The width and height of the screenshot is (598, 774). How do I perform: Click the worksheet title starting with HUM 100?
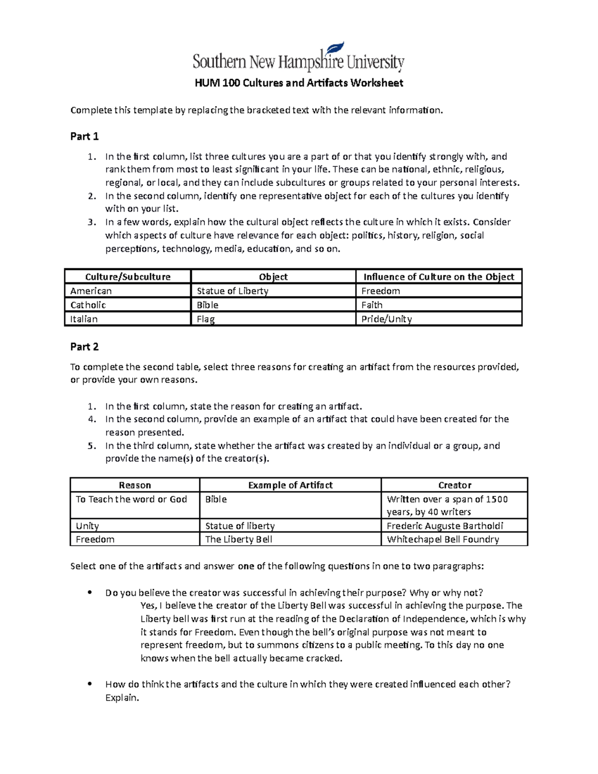pos(299,83)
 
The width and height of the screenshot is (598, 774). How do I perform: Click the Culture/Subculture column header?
pos(128,277)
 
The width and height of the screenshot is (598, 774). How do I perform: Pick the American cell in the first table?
pos(91,291)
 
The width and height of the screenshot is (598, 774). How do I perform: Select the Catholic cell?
pos(88,305)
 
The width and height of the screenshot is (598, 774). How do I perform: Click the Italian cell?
pos(84,319)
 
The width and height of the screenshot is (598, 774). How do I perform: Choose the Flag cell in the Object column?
pos(206,319)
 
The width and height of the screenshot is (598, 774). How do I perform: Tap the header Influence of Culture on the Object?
pos(439,277)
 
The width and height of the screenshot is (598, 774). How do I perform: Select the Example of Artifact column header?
pos(290,485)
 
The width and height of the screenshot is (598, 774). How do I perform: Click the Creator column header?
pos(454,485)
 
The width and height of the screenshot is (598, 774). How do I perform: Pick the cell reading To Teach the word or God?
pos(132,499)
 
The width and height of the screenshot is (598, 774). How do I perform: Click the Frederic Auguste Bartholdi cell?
pos(445,526)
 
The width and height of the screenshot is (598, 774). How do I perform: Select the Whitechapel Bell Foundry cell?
pos(443,539)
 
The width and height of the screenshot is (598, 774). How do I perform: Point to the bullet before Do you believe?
pos(90,593)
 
